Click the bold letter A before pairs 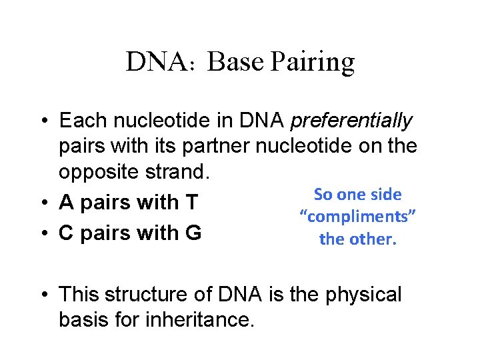(x=67, y=202)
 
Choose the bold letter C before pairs (x=67, y=233)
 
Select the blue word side (x=387, y=195)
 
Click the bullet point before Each (x=42, y=122)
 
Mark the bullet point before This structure (x=42, y=295)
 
